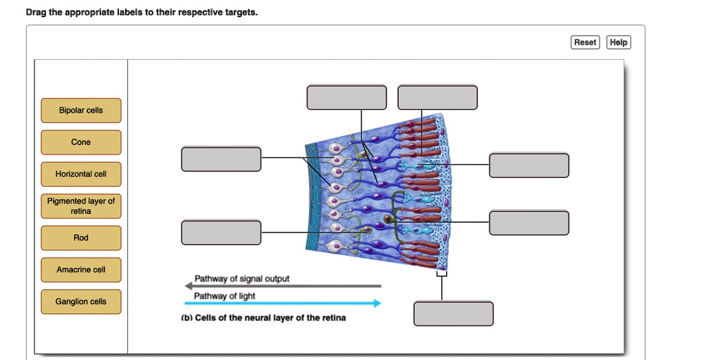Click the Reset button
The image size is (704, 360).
585,42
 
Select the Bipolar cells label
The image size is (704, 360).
81,111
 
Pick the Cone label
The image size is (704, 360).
81,142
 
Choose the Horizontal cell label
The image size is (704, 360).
81,175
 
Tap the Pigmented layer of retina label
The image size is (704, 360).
81,206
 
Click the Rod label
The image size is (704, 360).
81,238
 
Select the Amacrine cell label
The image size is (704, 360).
81,270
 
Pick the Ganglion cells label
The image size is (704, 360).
81,302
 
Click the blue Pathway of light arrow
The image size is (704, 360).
283,304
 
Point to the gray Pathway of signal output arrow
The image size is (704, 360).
283,286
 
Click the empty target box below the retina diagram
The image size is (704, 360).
454,313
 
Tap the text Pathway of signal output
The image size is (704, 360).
241,279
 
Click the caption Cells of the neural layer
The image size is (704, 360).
263,318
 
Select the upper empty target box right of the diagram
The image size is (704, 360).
529,165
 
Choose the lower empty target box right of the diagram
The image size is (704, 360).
529,223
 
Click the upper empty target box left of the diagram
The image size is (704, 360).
221,159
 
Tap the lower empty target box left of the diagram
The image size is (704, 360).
221,232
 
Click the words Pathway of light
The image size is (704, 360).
225,296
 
